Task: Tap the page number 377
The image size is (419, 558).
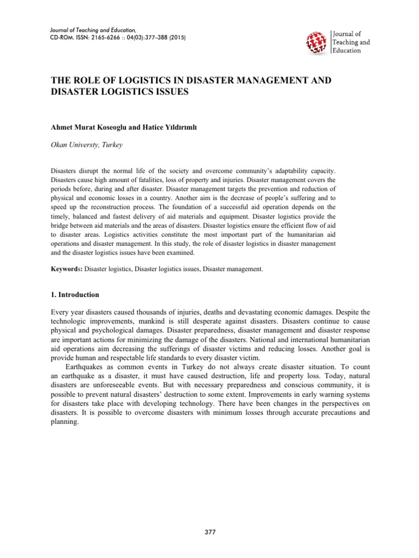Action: pyautogui.click(x=209, y=532)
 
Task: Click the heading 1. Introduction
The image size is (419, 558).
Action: pyautogui.click(x=75, y=295)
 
